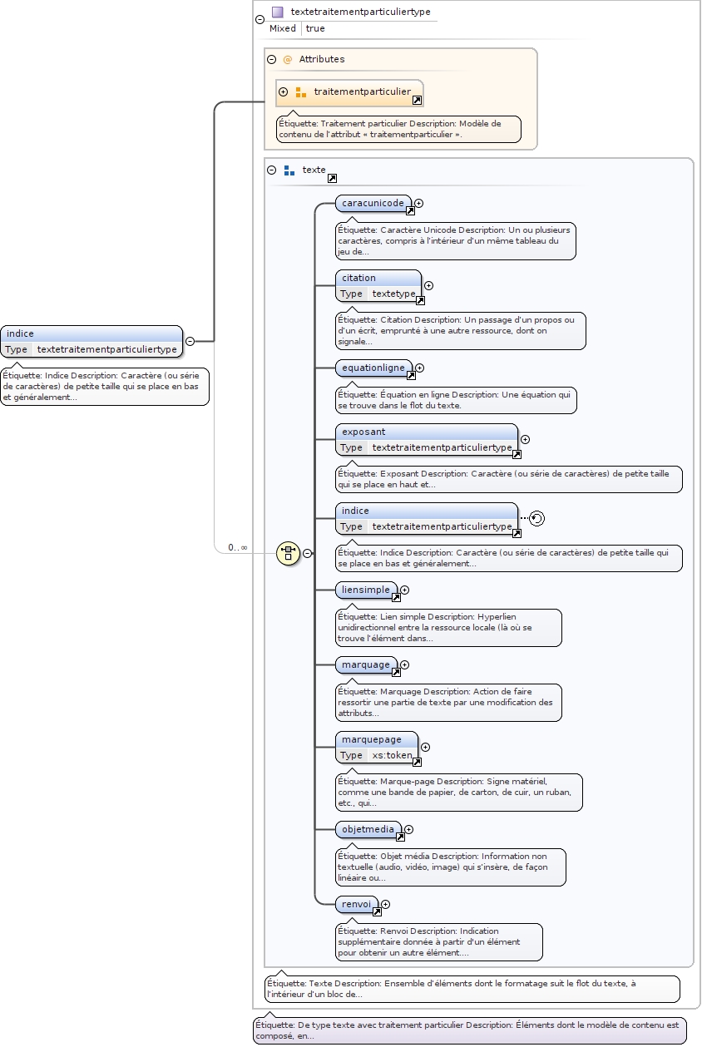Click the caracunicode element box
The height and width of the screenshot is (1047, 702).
point(373,203)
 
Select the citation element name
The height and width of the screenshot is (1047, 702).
point(358,278)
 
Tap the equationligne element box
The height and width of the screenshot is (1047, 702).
point(373,368)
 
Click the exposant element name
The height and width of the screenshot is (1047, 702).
point(363,432)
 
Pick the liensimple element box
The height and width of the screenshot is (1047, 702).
point(367,590)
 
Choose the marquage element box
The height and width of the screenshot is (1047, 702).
point(366,664)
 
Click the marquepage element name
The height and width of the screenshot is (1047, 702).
point(372,739)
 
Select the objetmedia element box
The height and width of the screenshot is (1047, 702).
point(368,829)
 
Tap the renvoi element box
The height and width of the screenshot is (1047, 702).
point(357,904)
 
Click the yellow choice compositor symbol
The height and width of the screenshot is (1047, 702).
point(288,553)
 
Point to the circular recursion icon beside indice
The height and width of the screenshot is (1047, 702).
point(537,519)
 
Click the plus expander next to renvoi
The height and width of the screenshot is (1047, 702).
point(385,904)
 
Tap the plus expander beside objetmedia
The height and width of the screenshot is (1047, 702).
point(409,829)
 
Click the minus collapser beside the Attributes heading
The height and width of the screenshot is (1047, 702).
point(271,59)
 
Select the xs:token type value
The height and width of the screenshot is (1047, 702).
point(392,755)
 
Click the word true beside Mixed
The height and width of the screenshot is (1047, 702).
point(315,28)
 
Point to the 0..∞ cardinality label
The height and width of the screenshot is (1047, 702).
point(238,547)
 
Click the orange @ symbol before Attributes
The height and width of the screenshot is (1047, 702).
point(288,59)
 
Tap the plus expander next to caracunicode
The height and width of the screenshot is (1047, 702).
point(419,203)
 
